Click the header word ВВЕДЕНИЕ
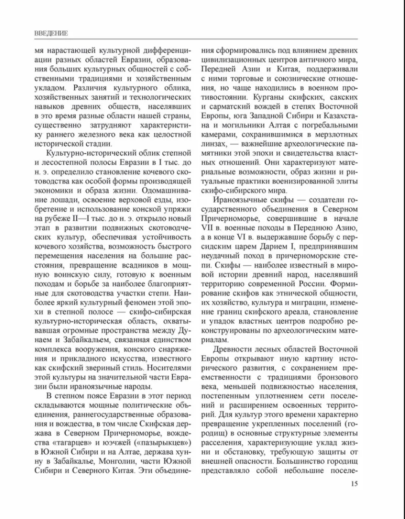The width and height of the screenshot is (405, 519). tap(51, 33)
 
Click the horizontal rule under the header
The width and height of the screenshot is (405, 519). tap(196, 39)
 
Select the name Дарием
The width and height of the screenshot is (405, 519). tap(274, 246)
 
